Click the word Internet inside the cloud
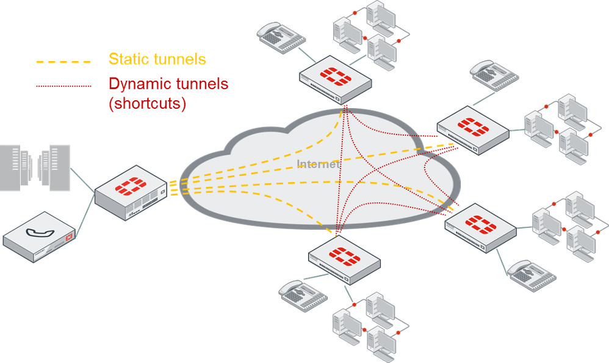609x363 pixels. click(317, 164)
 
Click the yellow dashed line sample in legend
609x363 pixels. click(63, 61)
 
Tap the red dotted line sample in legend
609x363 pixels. click(63, 86)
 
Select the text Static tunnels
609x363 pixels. click(157, 59)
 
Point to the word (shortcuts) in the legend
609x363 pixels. click(147, 103)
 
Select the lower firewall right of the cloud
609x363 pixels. click(481, 226)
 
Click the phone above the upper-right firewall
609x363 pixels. click(494, 73)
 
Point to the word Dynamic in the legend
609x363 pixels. click(139, 83)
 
